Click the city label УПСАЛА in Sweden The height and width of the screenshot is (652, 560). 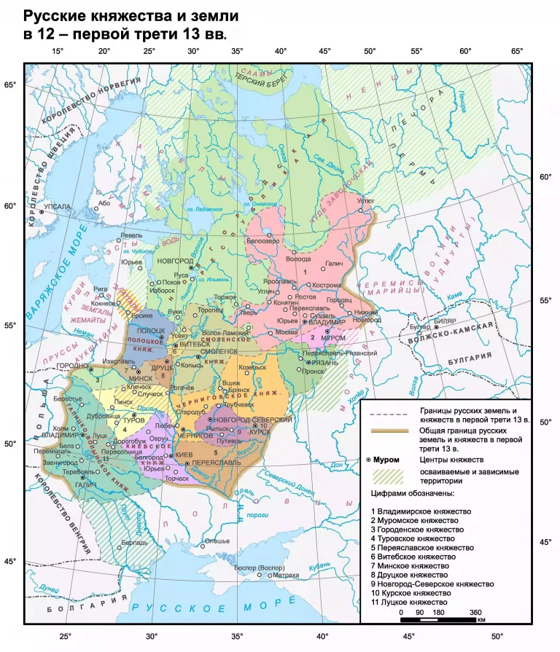[x=58, y=207]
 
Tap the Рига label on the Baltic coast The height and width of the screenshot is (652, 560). [x=100, y=289]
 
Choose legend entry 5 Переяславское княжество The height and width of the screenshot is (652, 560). [x=422, y=547]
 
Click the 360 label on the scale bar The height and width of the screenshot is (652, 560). [x=475, y=613]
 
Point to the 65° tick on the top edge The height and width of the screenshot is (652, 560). [x=516, y=51]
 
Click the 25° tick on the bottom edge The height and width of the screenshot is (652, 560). [x=65, y=636]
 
